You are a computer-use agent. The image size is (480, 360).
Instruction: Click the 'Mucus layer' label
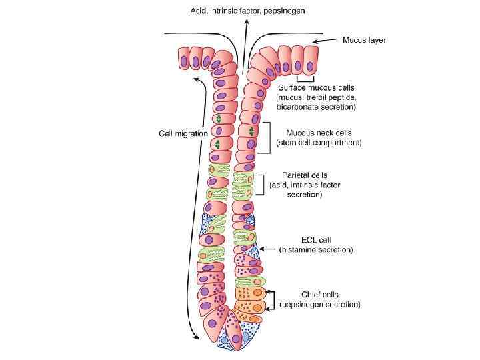(x=364, y=40)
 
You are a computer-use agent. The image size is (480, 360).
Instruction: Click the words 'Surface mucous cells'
(x=317, y=87)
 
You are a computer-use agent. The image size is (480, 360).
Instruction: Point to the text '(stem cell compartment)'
(x=319, y=143)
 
